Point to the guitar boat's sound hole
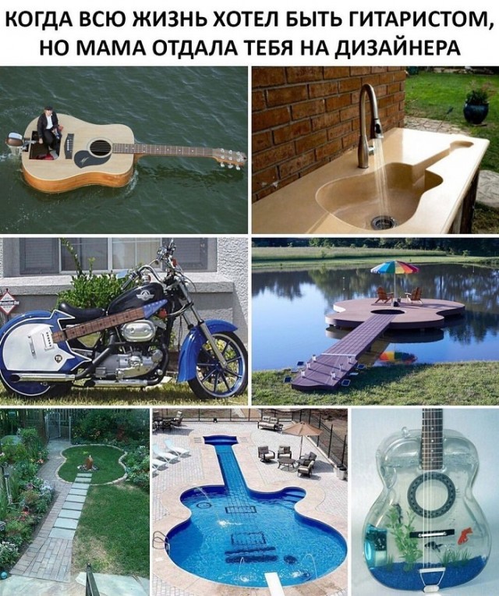(x=101, y=148)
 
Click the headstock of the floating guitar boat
(x=230, y=158)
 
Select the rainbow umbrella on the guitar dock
(x=395, y=268)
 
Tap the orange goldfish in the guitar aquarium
(x=463, y=537)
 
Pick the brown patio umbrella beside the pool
(x=302, y=430)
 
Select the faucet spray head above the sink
(x=377, y=129)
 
